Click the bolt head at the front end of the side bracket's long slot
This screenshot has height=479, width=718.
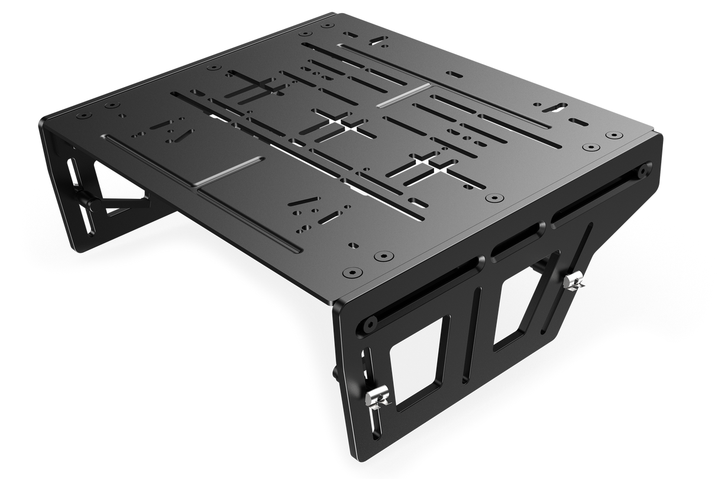point(371,324)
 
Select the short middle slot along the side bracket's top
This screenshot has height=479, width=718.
point(518,242)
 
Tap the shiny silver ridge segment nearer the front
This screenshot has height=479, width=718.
point(228,171)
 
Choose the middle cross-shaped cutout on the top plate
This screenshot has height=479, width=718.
point(333,125)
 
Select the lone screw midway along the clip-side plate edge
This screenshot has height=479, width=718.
point(492,199)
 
